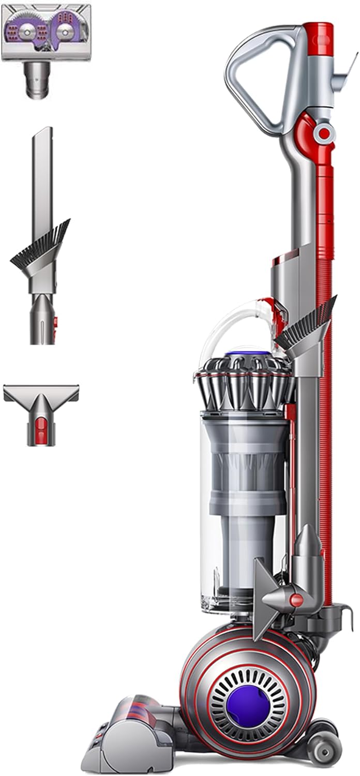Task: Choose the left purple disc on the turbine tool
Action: pyautogui.click(x=27, y=32)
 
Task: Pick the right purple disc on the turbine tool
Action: pyautogui.click(x=65, y=32)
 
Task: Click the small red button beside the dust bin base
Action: pyautogui.click(x=296, y=600)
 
